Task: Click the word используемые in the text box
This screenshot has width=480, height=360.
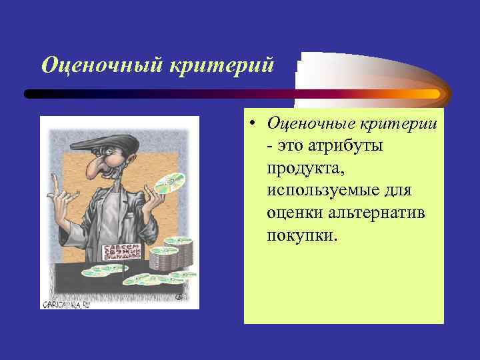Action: click(x=320, y=191)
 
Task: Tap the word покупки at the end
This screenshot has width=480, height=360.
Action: click(x=303, y=235)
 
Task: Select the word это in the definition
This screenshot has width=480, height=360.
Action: click(x=287, y=145)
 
